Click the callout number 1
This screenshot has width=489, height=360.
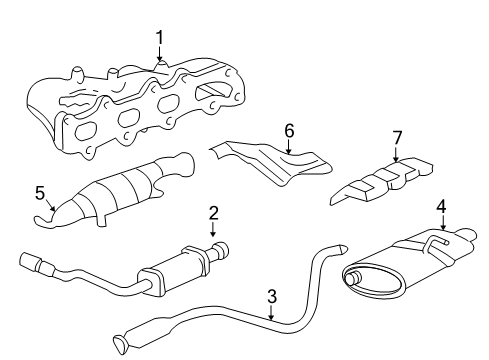pyautogui.click(x=159, y=38)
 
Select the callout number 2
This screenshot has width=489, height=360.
pyautogui.click(x=213, y=212)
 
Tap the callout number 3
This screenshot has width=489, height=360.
pyautogui.click(x=270, y=295)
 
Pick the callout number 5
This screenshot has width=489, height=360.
pyautogui.click(x=40, y=193)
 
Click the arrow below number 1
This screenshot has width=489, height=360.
pyautogui.click(x=159, y=54)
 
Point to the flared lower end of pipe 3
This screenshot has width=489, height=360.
pyautogui.click(x=122, y=345)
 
